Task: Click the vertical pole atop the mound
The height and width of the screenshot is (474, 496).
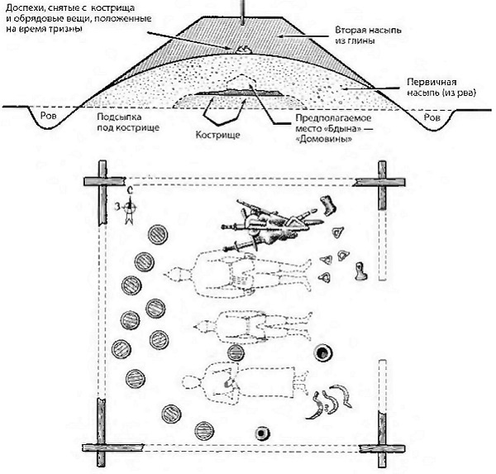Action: [241, 8]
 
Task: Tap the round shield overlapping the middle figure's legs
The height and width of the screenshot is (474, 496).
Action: [236, 353]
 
